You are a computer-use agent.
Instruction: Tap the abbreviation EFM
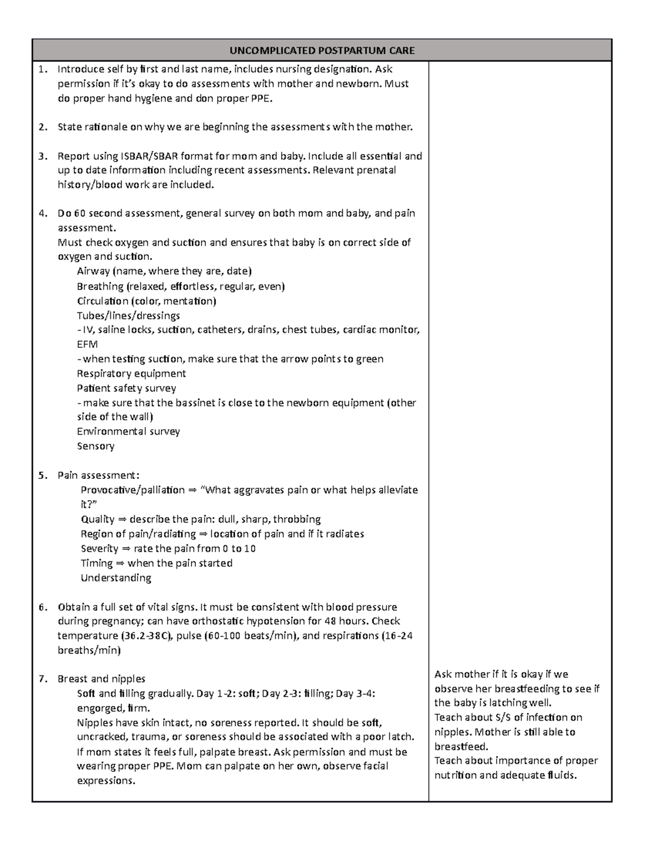[87, 345]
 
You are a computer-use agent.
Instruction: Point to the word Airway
[93, 271]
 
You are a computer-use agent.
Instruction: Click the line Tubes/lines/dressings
[128, 316]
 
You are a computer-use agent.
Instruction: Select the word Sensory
[96, 446]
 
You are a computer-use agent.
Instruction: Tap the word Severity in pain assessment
[99, 548]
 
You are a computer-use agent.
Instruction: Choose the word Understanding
[116, 578]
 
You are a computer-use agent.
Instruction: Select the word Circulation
[103, 301]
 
